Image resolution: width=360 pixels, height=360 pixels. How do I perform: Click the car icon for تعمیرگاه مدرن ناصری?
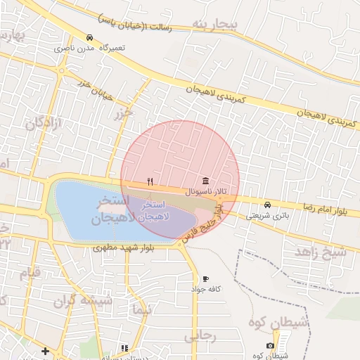[89, 37]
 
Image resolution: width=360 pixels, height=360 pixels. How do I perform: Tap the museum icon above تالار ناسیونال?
[205, 181]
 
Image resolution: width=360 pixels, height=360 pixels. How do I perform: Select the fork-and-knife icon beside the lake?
[150, 181]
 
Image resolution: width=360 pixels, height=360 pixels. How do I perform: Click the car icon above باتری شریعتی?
[266, 205]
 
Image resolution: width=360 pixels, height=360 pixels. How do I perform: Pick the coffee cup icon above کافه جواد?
[205, 278]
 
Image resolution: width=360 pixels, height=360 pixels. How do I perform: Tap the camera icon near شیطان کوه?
[270, 345]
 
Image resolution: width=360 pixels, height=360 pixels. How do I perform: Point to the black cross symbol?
[46, 350]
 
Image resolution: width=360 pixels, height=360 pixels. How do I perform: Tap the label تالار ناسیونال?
[204, 191]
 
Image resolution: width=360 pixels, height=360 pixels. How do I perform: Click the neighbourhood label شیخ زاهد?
[321, 251]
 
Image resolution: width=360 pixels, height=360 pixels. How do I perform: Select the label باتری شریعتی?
[266, 216]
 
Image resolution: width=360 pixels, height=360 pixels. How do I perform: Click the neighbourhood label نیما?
[141, 310]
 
